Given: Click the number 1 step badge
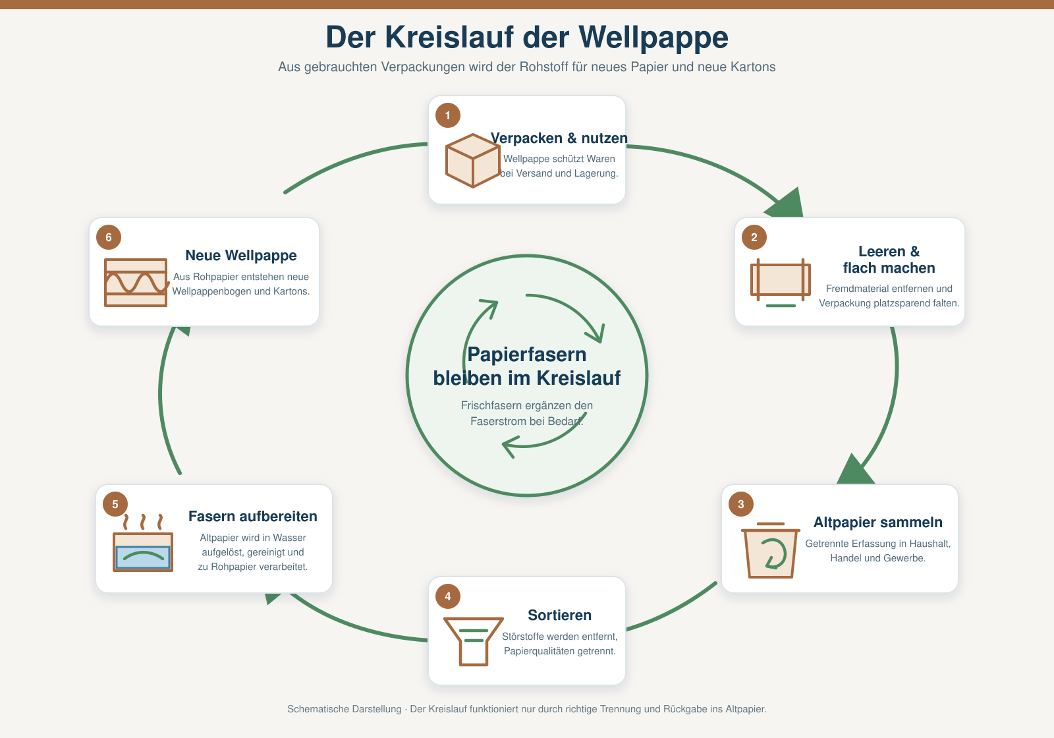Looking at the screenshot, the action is (x=447, y=115).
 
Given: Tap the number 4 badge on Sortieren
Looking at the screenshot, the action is (x=447, y=596).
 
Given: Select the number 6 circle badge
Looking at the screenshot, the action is (x=109, y=237).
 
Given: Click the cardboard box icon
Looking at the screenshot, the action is (x=472, y=161).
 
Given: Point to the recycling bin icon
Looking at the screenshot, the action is (x=771, y=550).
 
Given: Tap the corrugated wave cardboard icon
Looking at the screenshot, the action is (x=136, y=283).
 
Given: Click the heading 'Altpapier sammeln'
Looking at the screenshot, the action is (x=878, y=522).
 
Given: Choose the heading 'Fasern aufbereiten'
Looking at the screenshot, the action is (x=253, y=517).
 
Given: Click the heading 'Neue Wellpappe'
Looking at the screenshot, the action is (x=241, y=255).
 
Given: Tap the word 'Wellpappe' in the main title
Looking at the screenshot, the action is (x=653, y=38).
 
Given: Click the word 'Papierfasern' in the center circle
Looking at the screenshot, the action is (x=527, y=355).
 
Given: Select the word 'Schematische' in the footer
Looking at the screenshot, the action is (x=345, y=709).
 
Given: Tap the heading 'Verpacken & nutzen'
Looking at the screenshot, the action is (x=559, y=138).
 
